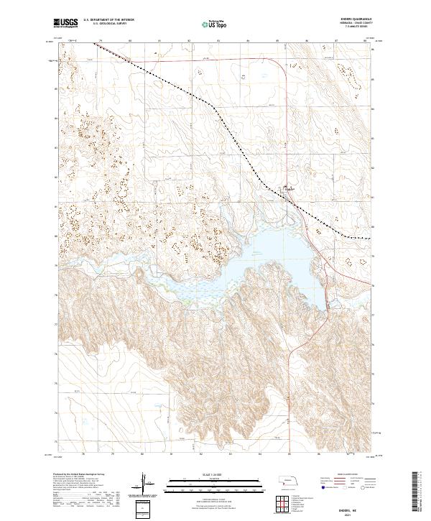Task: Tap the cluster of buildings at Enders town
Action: click(x=289, y=191)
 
